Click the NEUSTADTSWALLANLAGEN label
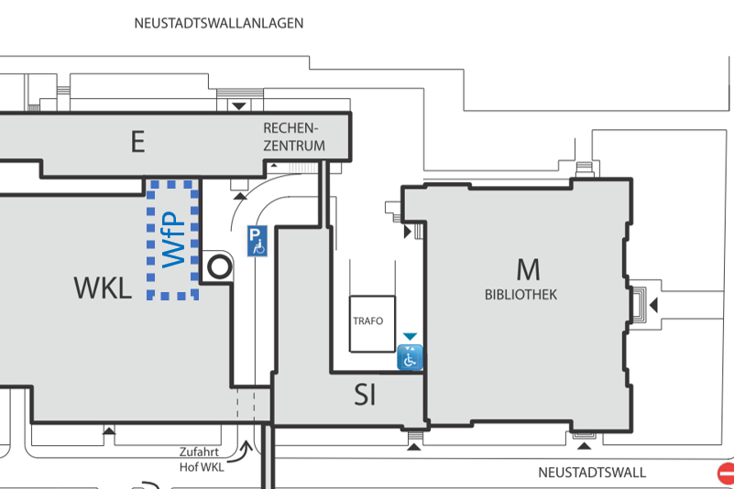(x=218, y=23)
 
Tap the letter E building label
(x=137, y=142)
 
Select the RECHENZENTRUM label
(x=294, y=136)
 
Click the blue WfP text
(x=174, y=240)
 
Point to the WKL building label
(x=103, y=288)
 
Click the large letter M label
(x=528, y=269)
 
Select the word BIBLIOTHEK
(x=520, y=295)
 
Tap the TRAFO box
(x=371, y=322)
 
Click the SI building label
(x=366, y=395)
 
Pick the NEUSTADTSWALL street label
(x=591, y=473)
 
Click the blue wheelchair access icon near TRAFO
(x=410, y=358)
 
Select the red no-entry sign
(x=726, y=473)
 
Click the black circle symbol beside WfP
(x=219, y=267)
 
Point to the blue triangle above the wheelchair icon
(x=410, y=337)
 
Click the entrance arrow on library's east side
(x=653, y=304)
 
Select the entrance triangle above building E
(x=239, y=106)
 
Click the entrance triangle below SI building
(x=414, y=446)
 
